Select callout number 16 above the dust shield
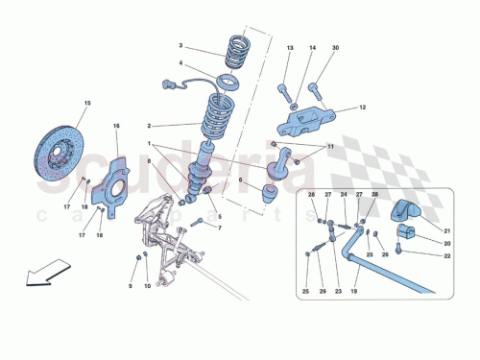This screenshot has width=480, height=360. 116,126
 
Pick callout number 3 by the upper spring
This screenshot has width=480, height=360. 179,45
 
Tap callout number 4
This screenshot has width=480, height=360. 179,64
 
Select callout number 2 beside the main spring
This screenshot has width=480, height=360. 149,125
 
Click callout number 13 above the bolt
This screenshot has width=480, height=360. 289,48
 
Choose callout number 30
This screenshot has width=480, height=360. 335,48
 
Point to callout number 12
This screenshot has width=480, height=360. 363,108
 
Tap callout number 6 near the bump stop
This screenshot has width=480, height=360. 241,180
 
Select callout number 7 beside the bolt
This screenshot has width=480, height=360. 219,228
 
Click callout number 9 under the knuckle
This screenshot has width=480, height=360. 131,286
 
